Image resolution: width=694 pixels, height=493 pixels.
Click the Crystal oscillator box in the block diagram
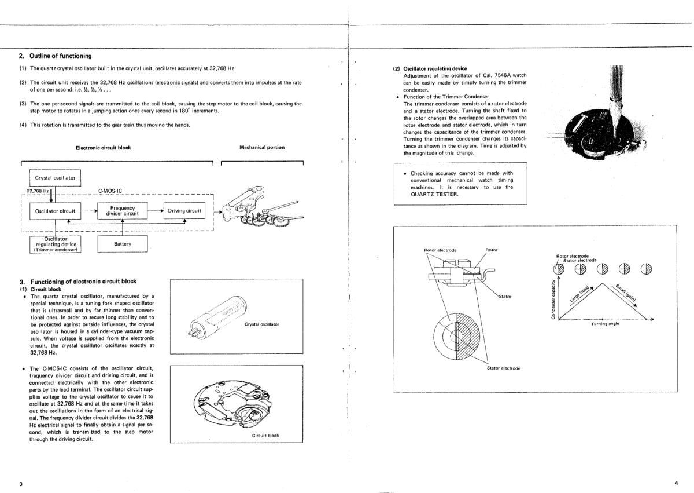(x=56, y=177)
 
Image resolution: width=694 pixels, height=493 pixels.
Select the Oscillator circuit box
(x=55, y=211)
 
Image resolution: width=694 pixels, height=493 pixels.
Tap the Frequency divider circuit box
(x=123, y=211)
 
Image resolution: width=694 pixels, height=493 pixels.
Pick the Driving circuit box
(x=184, y=211)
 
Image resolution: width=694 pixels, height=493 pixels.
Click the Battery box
(x=123, y=244)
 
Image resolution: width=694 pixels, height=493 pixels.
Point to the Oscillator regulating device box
(x=56, y=244)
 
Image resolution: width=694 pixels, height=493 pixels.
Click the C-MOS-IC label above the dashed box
(x=110, y=190)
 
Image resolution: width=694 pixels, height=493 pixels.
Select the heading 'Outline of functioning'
(x=60, y=56)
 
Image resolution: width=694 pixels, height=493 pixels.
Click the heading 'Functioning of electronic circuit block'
(x=83, y=281)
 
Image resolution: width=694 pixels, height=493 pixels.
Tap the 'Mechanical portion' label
(x=262, y=147)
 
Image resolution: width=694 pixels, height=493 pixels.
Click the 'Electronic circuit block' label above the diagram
(x=104, y=147)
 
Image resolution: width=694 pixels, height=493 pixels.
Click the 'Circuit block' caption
(x=265, y=435)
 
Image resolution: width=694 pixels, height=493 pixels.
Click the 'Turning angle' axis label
(x=604, y=324)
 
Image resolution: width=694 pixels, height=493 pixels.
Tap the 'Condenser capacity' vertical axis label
(x=553, y=299)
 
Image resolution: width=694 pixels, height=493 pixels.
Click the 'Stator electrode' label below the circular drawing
(x=503, y=368)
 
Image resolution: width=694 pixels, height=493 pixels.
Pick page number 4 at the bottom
(x=675, y=483)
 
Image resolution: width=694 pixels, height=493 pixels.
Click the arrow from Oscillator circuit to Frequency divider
(x=88, y=211)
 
